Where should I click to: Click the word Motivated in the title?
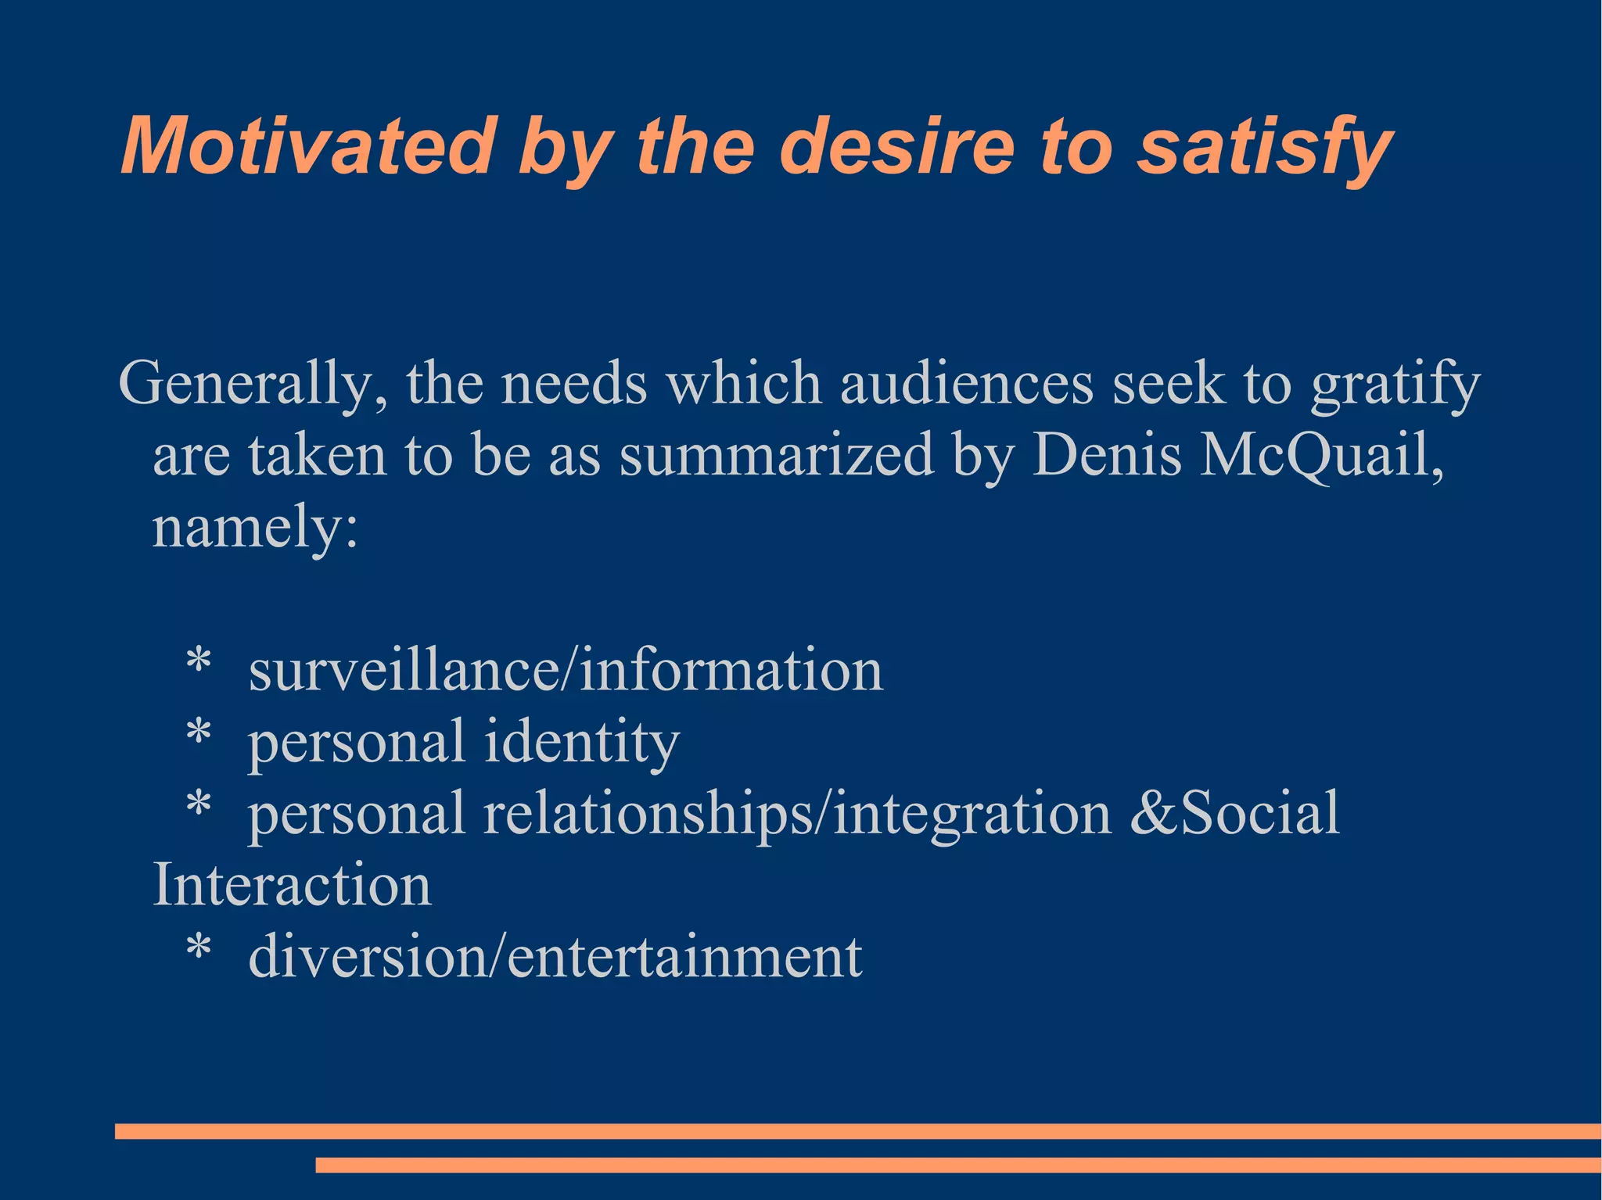pos(308,147)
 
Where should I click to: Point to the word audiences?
pos(967,384)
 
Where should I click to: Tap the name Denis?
pos(1106,456)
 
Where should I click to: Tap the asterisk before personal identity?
pos(199,734)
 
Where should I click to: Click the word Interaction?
pos(292,885)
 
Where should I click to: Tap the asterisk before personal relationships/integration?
pos(199,806)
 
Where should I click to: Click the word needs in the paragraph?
pos(573,384)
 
